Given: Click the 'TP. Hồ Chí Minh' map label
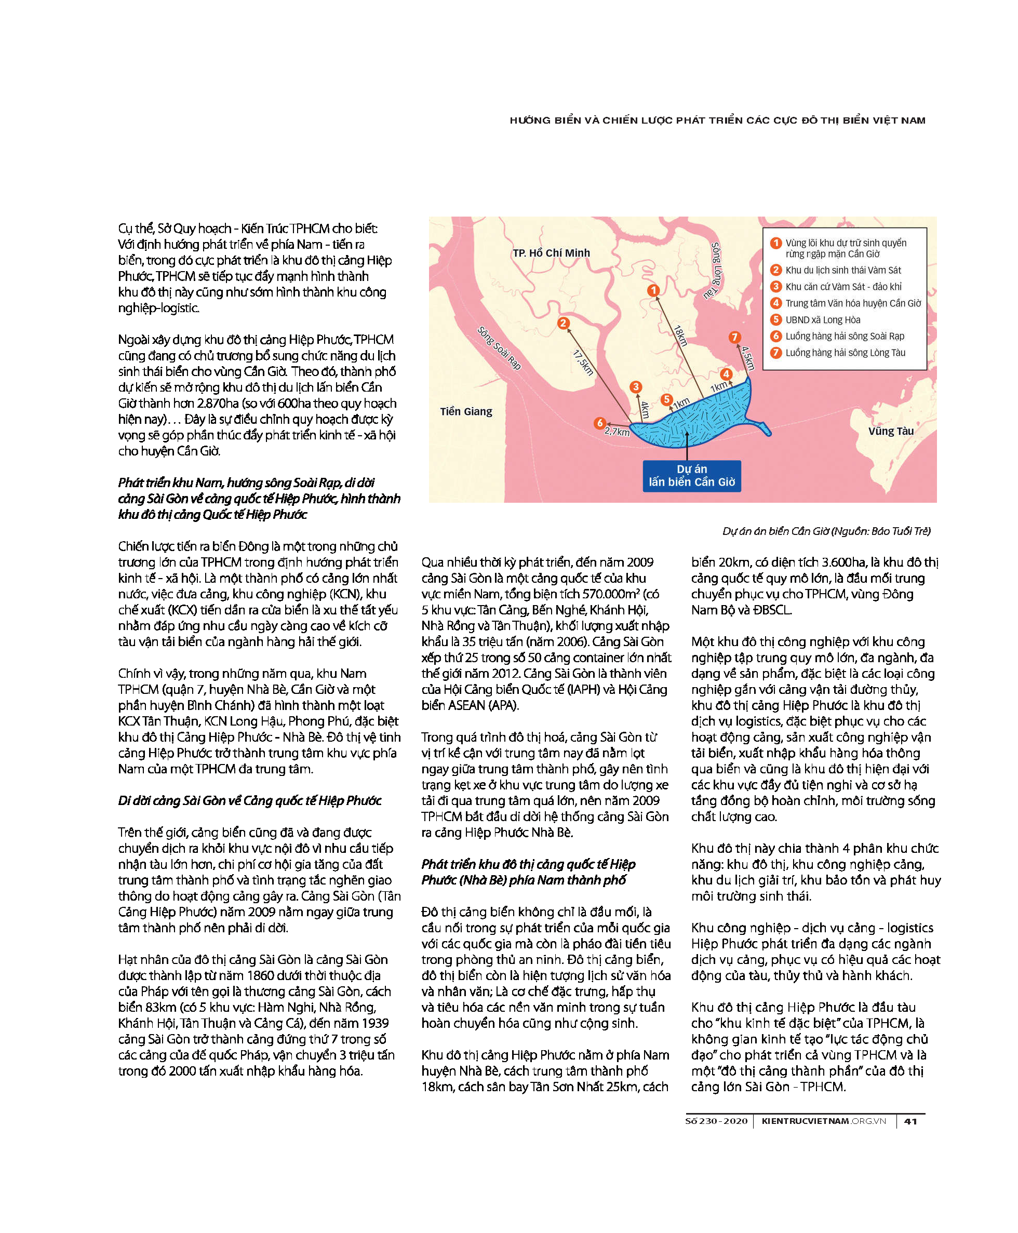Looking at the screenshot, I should [x=551, y=253].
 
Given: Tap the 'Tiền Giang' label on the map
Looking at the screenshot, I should [x=466, y=411].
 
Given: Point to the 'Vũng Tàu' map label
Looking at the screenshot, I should [x=891, y=431].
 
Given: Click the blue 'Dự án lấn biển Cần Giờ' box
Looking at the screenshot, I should [x=691, y=476].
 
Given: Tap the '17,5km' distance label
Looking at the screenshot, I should [x=583, y=363].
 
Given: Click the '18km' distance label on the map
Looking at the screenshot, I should [x=680, y=336].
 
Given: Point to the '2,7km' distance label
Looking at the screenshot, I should [x=617, y=432].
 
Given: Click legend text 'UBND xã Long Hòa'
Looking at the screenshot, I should [x=823, y=319].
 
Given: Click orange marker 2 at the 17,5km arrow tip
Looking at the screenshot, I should [x=563, y=323].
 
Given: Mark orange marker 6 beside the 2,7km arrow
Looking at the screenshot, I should [x=599, y=423].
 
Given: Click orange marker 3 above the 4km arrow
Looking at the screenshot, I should [x=636, y=386].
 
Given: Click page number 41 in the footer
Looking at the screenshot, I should [x=910, y=1121].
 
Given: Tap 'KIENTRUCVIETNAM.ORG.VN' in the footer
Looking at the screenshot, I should [x=823, y=1121].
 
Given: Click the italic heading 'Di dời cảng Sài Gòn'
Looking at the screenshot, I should [x=249, y=800].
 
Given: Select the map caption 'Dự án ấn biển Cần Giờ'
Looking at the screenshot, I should [x=826, y=531].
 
